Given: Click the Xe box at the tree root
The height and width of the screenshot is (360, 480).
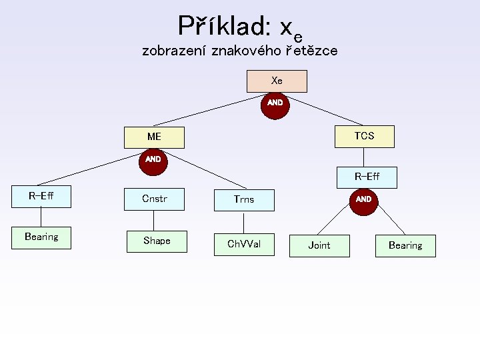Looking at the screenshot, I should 277,81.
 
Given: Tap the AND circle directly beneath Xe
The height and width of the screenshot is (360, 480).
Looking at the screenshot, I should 275,104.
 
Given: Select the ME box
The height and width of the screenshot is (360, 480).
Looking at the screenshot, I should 154,137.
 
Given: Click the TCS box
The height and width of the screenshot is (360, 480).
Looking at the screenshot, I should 364,136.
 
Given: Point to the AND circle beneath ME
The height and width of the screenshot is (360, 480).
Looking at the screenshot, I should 153,161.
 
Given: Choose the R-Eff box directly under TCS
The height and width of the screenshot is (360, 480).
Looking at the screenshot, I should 367,177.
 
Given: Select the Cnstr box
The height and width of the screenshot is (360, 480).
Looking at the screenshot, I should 154,199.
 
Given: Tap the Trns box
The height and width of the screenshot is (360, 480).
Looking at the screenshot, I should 244,199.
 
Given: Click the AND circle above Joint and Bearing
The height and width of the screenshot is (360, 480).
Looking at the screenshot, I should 363,200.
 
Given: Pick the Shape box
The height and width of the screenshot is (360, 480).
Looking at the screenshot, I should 157,241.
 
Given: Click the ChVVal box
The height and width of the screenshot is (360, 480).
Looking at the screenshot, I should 244,245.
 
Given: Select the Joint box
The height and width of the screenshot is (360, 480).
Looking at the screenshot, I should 319,245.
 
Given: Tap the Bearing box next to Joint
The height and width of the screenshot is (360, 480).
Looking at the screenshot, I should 405,246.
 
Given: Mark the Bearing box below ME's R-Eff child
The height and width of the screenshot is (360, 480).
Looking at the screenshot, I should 41,237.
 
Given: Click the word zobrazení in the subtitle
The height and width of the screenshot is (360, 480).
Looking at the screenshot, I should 174,50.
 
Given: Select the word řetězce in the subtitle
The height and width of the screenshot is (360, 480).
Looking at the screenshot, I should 311,50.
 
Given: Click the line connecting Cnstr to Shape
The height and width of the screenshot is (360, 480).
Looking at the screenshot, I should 154,221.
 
